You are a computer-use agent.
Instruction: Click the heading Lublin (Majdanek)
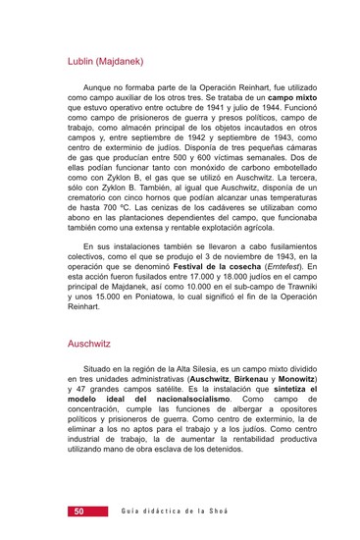105,62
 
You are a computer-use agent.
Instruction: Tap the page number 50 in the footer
77,512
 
